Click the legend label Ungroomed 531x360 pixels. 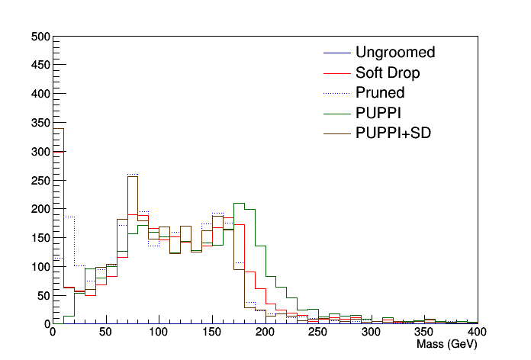[394, 53]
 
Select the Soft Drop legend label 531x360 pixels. [387, 73]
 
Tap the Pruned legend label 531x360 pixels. [379, 93]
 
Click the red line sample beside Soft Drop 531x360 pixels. [336, 73]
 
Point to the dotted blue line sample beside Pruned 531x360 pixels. [336, 93]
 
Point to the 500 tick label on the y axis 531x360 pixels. [40, 37]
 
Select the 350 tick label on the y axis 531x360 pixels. [40, 123]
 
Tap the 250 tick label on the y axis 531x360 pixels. [40, 180]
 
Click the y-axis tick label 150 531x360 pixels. [40, 238]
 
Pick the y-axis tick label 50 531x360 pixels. [43, 295]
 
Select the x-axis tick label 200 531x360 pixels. [265, 333]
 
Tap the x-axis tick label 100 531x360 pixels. [159, 333]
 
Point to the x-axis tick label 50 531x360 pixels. [105, 333]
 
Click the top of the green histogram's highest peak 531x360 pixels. [239, 204]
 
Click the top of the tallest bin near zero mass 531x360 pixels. [58, 128]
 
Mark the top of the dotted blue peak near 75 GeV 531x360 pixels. [133, 174]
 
